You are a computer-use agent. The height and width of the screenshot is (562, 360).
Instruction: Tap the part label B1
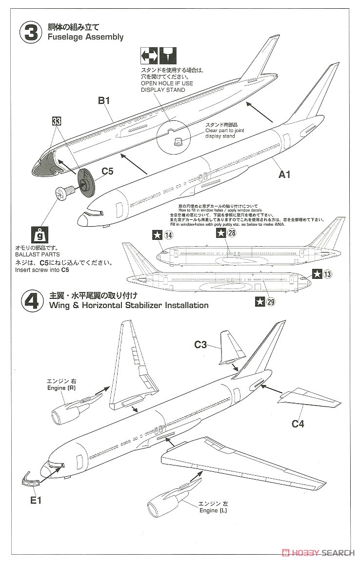105,101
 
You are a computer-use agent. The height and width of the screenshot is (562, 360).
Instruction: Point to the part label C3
200,345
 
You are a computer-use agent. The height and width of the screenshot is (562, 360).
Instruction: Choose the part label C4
298,424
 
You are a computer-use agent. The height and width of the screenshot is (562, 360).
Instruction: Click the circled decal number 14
168,235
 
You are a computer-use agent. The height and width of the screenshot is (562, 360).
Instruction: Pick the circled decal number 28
231,233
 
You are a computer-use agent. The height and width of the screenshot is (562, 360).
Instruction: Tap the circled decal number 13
327,274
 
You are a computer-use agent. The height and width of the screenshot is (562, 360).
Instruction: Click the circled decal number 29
271,301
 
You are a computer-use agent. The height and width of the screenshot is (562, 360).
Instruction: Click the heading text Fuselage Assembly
86,37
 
